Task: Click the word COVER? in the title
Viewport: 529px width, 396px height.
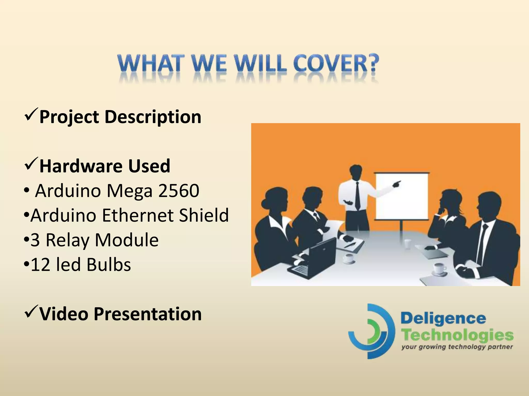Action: pyautogui.click(x=336, y=63)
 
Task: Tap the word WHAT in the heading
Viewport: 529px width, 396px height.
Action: pyautogui.click(x=150, y=63)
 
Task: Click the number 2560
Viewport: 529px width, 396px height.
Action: pyautogui.click(x=178, y=191)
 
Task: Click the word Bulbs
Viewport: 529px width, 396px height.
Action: pyautogui.click(x=109, y=265)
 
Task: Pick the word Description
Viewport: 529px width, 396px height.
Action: pyautogui.click(x=153, y=117)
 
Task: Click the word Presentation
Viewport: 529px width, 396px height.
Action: pyautogui.click(x=147, y=314)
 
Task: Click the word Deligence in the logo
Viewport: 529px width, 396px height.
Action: pyautogui.click(x=443, y=319)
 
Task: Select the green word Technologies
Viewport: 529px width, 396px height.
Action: pyautogui.click(x=457, y=335)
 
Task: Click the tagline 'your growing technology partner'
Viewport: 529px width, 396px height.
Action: pyautogui.click(x=457, y=347)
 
